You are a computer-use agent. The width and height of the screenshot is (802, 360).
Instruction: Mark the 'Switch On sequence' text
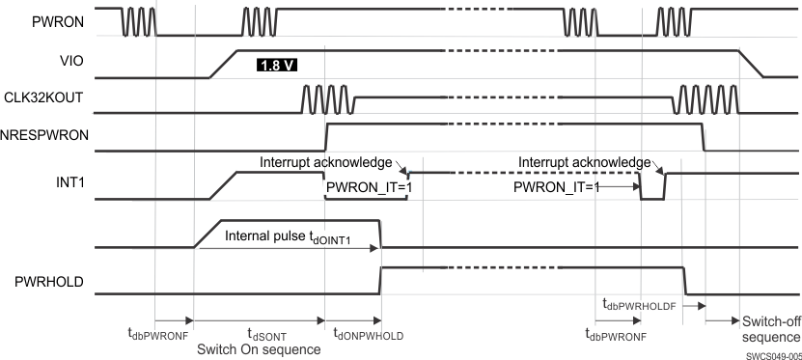point(258,348)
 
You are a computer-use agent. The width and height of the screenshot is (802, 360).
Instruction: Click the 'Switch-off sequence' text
point(770,328)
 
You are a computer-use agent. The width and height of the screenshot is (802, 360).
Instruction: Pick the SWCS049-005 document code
point(773,354)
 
